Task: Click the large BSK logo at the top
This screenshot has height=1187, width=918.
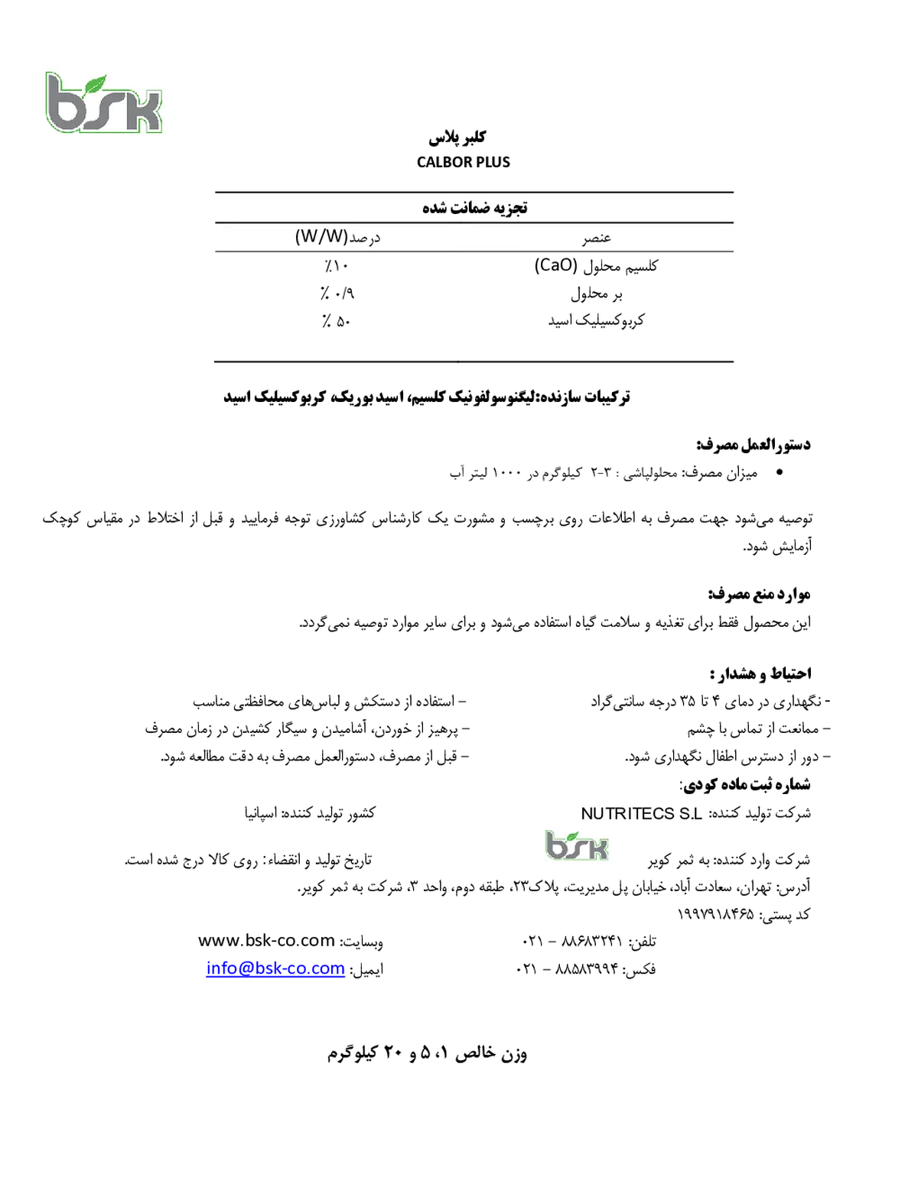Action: [x=104, y=102]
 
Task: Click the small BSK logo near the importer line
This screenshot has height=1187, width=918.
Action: [x=576, y=845]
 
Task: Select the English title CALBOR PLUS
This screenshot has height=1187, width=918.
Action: [x=463, y=162]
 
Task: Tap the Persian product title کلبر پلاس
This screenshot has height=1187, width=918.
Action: [x=457, y=137]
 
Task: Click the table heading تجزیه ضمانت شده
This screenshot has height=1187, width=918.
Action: [x=474, y=208]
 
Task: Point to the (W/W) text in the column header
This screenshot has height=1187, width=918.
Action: [x=321, y=237]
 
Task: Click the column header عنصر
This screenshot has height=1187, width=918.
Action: [x=597, y=238]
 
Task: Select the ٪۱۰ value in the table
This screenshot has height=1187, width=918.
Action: [x=335, y=266]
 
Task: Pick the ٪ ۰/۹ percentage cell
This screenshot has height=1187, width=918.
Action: [x=337, y=294]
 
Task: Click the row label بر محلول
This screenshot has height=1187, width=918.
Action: [x=597, y=294]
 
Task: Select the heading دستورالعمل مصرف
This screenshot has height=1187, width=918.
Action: [x=754, y=445]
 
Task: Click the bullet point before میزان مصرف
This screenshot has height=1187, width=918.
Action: [x=780, y=472]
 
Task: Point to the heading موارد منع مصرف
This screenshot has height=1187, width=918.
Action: [x=760, y=594]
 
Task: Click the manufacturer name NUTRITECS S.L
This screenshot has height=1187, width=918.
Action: [x=641, y=814]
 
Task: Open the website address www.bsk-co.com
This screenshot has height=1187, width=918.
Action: [x=266, y=940]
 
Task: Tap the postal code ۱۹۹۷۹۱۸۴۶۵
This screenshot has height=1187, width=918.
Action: [x=715, y=914]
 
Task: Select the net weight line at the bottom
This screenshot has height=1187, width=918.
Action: [x=427, y=1053]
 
